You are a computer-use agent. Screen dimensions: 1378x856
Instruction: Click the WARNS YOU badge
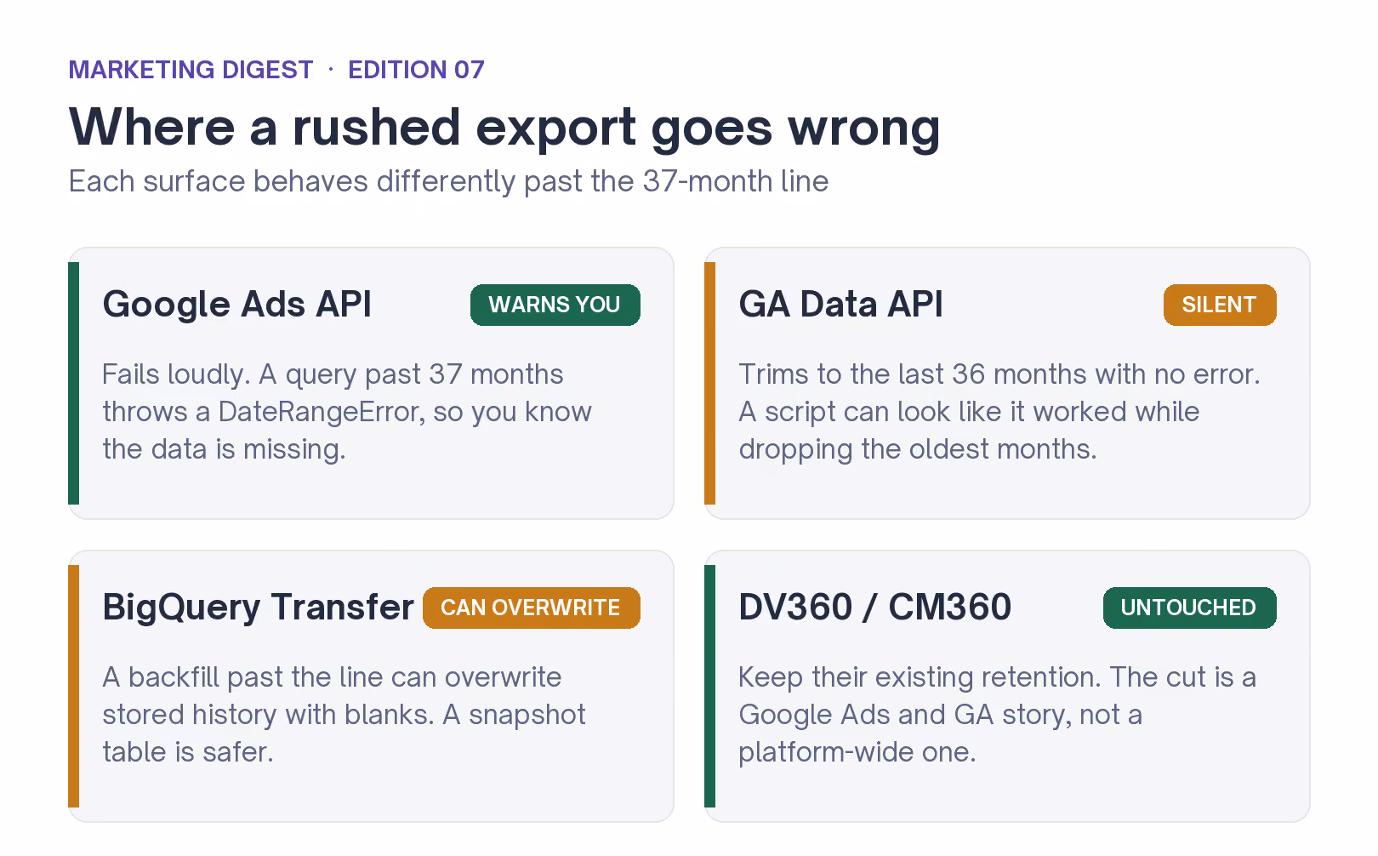coord(555,305)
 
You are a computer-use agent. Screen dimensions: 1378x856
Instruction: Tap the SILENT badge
coord(1219,305)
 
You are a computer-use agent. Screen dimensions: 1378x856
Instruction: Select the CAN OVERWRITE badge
coord(531,608)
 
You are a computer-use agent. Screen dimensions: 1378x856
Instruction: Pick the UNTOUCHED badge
coord(1189,608)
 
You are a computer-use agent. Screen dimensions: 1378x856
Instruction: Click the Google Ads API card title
coord(236,304)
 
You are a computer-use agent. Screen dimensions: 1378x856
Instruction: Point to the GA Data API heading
coord(840,304)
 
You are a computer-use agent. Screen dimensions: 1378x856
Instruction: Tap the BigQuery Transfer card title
coord(258,608)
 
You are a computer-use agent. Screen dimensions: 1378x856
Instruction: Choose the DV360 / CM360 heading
coord(874,607)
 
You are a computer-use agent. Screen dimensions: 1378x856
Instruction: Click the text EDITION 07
coord(417,70)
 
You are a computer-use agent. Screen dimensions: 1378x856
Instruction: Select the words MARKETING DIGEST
coord(191,70)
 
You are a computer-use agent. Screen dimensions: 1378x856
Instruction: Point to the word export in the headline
coord(556,128)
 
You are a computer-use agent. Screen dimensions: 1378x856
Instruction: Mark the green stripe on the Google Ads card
coord(74,383)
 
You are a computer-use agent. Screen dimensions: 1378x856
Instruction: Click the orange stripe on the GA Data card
coord(710,383)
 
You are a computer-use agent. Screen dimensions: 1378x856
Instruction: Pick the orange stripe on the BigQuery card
coord(74,686)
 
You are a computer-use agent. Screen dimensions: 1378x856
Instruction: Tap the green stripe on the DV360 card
coord(710,686)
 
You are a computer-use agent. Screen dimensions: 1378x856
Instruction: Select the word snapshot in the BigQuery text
coord(527,715)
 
